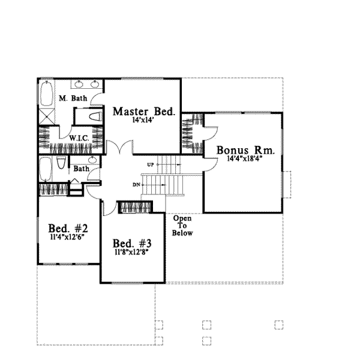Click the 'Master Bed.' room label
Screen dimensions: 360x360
144,112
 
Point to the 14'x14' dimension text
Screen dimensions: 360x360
144,121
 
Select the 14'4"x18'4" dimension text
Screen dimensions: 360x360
244,159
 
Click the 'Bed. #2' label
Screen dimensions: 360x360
68,229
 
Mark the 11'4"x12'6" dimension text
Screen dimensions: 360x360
68,237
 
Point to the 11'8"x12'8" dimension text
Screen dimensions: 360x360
131,252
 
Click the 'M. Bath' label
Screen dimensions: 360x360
73,98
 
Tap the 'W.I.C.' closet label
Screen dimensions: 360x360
79,137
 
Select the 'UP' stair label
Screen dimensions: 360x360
151,163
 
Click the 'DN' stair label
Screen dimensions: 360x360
136,184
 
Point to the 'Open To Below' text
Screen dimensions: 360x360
182,226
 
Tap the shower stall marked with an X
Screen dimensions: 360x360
47,116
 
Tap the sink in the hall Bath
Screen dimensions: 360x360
91,160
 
